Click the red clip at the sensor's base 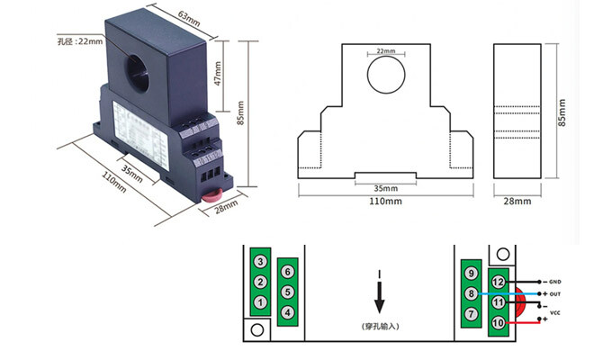(x=213, y=192)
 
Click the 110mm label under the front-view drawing (x=386, y=202)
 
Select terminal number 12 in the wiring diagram (x=498, y=281)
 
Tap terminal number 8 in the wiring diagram (x=470, y=293)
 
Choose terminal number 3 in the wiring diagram (x=259, y=262)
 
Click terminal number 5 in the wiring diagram (x=287, y=292)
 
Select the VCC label (x=555, y=312)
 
